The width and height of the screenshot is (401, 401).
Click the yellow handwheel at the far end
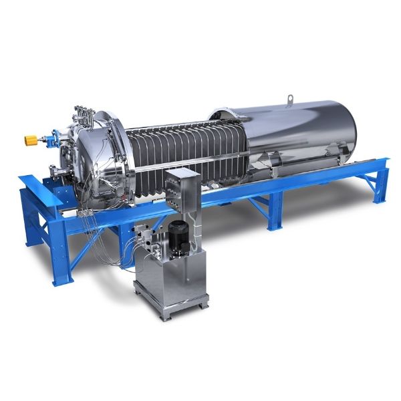point(31,140)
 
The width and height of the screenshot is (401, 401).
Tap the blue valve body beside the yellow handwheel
point(48,140)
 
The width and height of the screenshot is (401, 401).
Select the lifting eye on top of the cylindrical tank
point(291,100)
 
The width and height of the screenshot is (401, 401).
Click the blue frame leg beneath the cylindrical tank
point(275,217)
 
